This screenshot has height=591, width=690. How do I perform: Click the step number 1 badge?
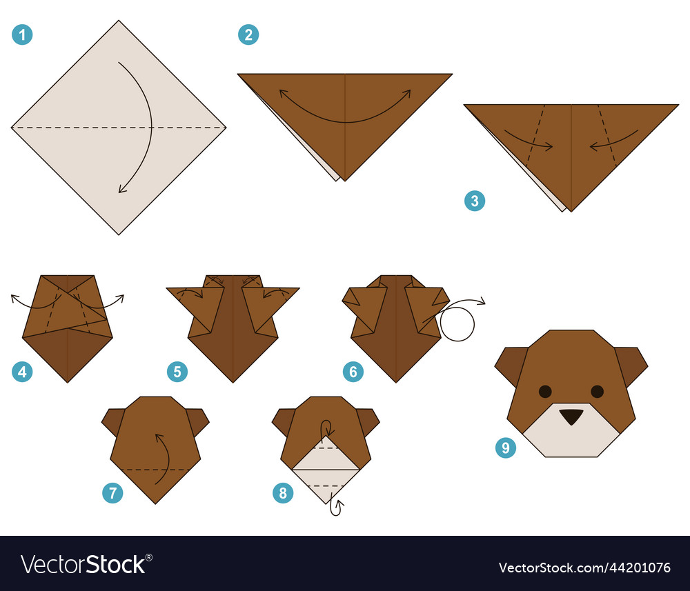point(22,35)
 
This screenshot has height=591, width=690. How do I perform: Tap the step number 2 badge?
point(248,34)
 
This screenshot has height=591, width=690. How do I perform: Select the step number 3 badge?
point(475,201)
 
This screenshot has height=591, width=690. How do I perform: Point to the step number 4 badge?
point(22,372)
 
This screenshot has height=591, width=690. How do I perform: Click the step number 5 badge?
point(177,372)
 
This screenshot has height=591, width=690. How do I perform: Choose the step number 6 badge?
point(353,372)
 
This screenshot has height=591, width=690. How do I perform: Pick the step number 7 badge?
point(112,493)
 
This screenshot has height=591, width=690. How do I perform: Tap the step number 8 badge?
point(283,493)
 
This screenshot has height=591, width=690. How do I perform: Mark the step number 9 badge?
point(506,448)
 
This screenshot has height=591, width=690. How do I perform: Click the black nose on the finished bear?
point(571,417)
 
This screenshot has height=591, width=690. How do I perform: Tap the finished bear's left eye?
point(545,392)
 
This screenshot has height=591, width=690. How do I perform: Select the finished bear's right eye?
point(597,392)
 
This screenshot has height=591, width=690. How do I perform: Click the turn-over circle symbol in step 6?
point(457,324)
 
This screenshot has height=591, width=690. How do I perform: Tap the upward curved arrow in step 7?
point(161,459)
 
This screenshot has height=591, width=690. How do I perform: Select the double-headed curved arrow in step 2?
point(345,110)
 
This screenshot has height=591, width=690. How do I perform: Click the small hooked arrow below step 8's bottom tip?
point(337,507)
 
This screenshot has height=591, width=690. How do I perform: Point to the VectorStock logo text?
point(87,564)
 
